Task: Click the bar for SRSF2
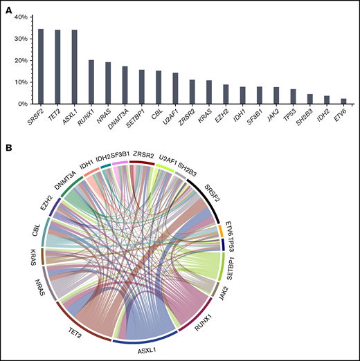coord(41,66)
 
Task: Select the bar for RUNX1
coord(91,82)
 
